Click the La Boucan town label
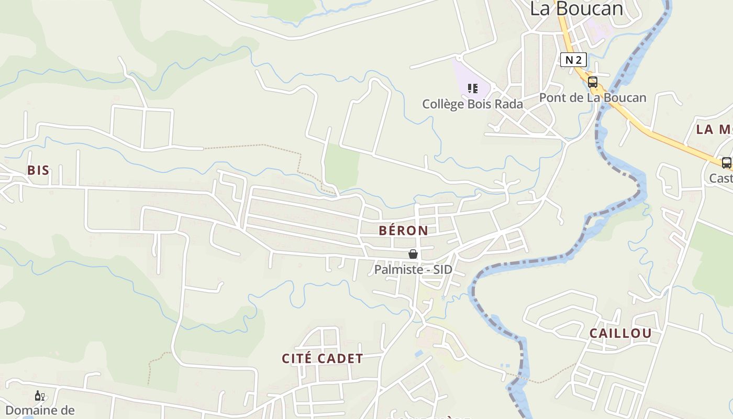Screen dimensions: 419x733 click(x=576, y=9)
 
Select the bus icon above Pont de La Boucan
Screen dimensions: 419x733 click(x=592, y=82)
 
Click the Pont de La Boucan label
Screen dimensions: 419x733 click(x=593, y=98)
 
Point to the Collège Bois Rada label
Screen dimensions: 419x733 click(x=472, y=104)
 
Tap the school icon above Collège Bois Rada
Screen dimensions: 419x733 click(x=473, y=89)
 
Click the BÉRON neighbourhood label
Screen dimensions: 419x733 click(x=403, y=230)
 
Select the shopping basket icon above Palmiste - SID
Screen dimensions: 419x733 click(x=413, y=255)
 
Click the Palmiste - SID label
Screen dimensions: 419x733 click(x=413, y=270)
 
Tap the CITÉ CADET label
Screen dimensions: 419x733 click(x=322, y=359)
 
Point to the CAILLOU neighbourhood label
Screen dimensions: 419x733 click(x=620, y=334)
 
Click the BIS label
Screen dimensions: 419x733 click(x=38, y=170)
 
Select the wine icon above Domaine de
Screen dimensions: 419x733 click(x=39, y=396)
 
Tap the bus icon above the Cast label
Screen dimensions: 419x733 click(x=726, y=163)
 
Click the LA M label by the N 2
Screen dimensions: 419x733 click(x=714, y=130)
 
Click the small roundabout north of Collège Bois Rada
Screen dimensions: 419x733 click(x=460, y=58)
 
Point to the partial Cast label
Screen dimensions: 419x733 click(x=721, y=179)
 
